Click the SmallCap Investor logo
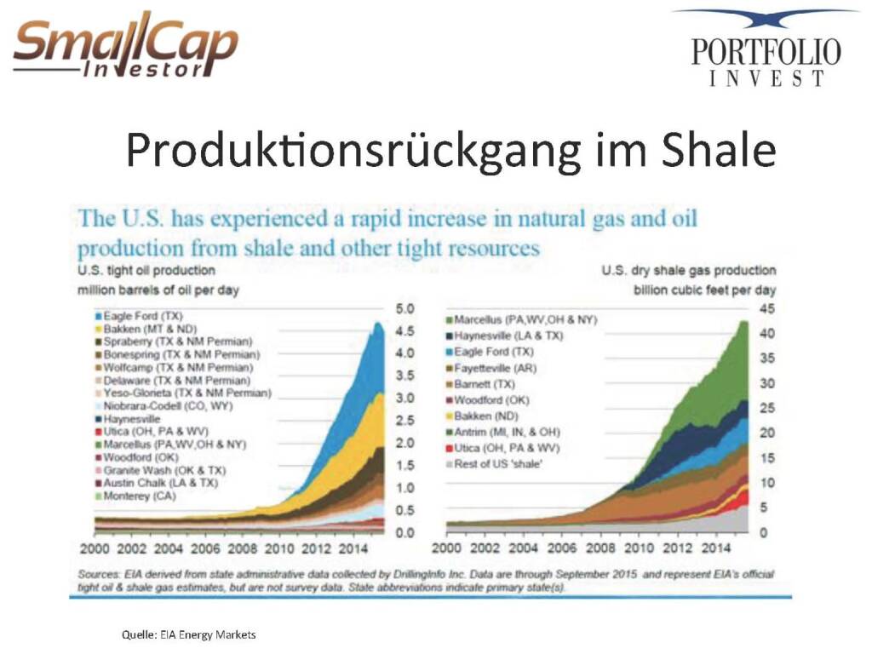pyautogui.click(x=125, y=47)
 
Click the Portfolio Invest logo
pyautogui.click(x=766, y=49)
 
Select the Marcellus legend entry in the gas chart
pyautogui.click(x=525, y=320)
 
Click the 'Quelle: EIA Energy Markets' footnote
pyautogui.click(x=187, y=634)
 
